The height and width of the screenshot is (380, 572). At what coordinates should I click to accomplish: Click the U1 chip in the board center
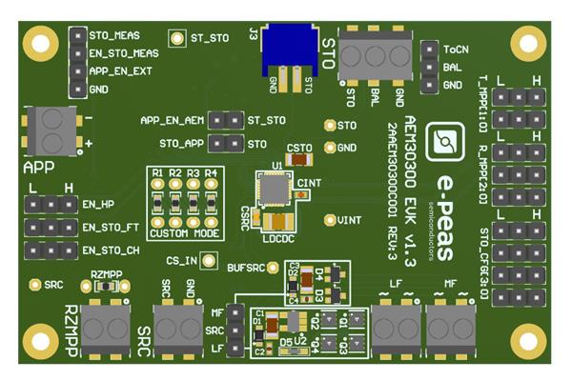coord(276,191)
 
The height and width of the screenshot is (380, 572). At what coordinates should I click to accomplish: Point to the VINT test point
coord(330,220)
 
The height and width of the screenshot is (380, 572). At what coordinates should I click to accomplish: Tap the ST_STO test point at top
coord(176,38)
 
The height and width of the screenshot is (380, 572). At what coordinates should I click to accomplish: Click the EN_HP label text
coord(98,204)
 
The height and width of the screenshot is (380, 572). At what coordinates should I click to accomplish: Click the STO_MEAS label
coord(116,34)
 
